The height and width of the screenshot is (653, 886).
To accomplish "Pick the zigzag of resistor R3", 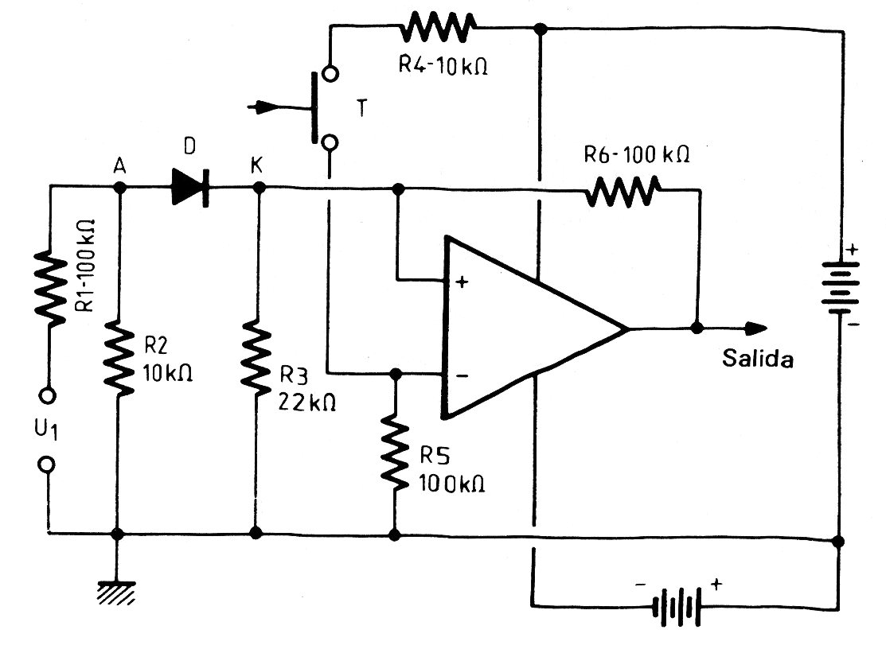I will pos(256,358).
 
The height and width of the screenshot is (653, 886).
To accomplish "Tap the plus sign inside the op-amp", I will pos(459,282).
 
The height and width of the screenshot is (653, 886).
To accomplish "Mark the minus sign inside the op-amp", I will pos(460,375).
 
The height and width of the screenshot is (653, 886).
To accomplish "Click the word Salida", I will pos(758,359).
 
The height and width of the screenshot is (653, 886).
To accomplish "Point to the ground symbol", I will pos(117,592).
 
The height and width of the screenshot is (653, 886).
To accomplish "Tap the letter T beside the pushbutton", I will pos(362,110).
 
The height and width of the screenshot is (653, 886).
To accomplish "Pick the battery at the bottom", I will pos(677,607).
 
